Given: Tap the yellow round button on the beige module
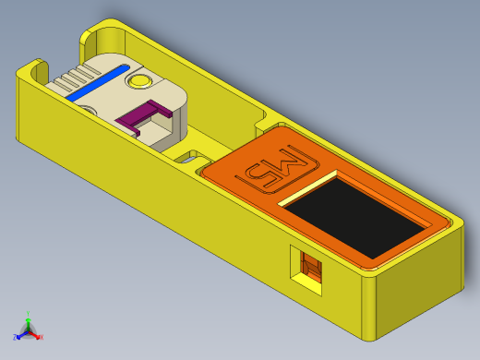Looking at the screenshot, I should coord(140,82).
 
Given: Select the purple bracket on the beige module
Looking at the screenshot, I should coord(143,116).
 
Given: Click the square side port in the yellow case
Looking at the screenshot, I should coord(307,270).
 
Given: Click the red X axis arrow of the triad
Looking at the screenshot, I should coord(36,334).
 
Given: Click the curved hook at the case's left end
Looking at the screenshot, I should coord(37,69).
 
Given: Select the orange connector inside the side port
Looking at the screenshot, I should coord(313,271).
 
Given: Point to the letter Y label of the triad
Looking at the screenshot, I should coord(28,313).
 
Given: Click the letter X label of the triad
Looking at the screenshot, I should coord(41,337).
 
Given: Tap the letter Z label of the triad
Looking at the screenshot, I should coord(16,338).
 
